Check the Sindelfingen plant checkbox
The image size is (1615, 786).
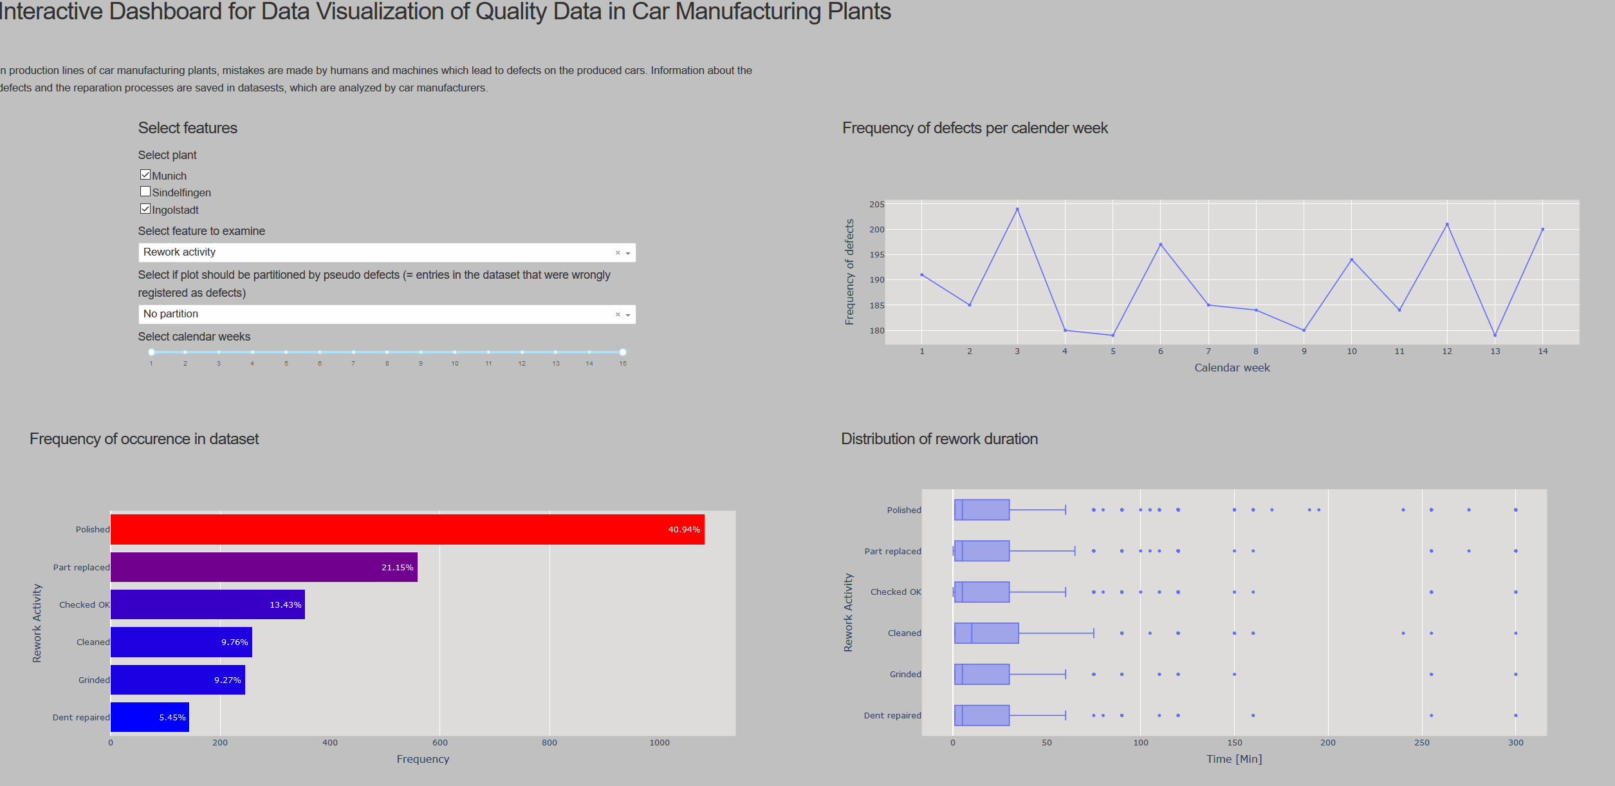point(145,192)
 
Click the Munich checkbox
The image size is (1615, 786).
point(145,175)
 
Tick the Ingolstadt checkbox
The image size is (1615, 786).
point(145,209)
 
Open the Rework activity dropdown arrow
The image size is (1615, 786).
point(628,253)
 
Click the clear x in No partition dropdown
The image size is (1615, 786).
point(618,314)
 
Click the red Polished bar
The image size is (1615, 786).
point(407,529)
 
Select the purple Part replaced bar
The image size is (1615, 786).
point(264,567)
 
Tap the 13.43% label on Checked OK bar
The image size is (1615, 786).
point(285,605)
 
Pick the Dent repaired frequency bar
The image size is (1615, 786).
point(149,717)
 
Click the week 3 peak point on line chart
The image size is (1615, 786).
point(1017,209)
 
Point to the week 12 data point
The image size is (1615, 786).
point(1447,225)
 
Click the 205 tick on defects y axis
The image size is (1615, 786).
point(877,205)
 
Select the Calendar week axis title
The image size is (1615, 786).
point(1232,368)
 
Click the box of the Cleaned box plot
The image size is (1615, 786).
point(986,633)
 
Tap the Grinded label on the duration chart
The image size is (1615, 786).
point(905,674)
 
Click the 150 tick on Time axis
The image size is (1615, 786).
point(1234,743)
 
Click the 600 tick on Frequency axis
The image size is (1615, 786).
point(439,743)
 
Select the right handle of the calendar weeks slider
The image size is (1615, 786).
point(623,352)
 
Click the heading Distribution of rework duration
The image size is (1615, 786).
point(939,439)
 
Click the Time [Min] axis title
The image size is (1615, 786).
point(1233,759)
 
